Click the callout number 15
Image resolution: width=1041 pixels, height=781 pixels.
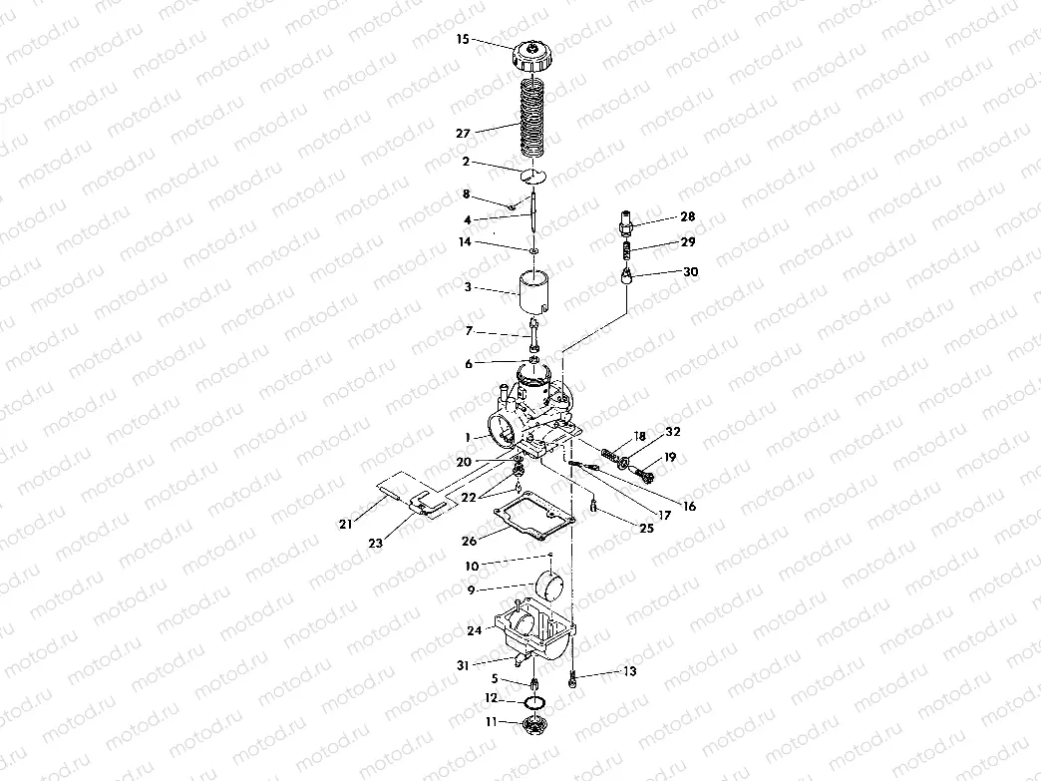pyautogui.click(x=462, y=40)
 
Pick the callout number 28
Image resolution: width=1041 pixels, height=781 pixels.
pyautogui.click(x=688, y=216)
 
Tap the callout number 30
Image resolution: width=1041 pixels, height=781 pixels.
pyautogui.click(x=690, y=271)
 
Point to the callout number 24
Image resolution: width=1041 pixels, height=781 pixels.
pyautogui.click(x=474, y=630)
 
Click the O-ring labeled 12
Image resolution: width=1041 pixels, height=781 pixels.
pyautogui.click(x=536, y=702)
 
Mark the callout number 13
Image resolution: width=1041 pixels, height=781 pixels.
pyautogui.click(x=629, y=672)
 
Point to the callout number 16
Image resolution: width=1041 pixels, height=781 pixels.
pyautogui.click(x=688, y=507)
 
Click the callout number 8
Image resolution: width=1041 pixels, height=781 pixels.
pyautogui.click(x=466, y=194)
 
